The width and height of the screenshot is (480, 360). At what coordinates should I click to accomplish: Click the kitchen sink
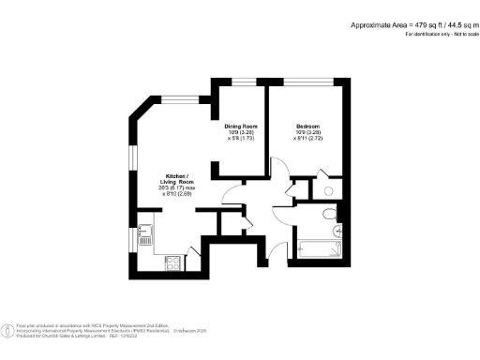(144, 233)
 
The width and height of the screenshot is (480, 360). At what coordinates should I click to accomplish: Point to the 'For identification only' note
(440, 35)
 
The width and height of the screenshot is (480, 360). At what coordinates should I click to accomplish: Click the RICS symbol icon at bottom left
(9, 329)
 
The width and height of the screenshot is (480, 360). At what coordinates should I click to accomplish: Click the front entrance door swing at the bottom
(274, 247)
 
